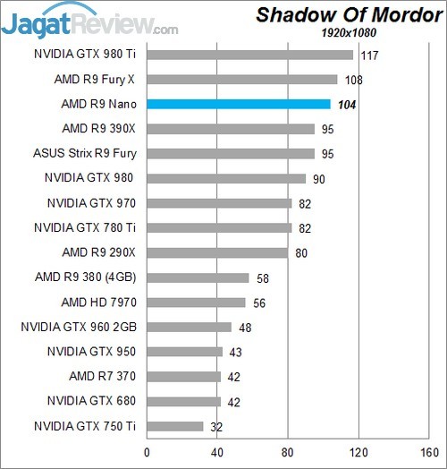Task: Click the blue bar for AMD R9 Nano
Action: pyautogui.click(x=238, y=104)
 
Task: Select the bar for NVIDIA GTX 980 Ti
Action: pyautogui.click(x=249, y=55)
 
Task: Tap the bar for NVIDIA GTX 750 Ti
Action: pyautogui.click(x=174, y=426)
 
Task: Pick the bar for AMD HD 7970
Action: pyautogui.click(x=196, y=303)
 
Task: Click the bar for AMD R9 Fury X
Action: pyautogui.click(x=241, y=79)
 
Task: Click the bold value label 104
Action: pyautogui.click(x=345, y=105)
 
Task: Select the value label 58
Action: pyautogui.click(x=263, y=278)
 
